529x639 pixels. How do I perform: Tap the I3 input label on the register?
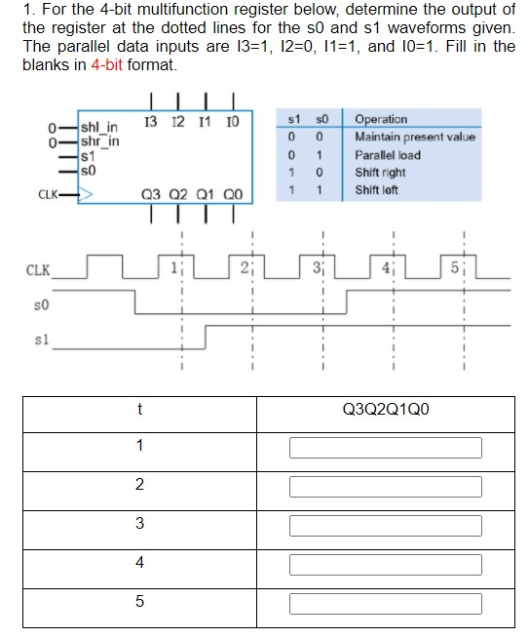[x=150, y=120]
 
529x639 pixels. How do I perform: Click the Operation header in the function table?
[x=381, y=119]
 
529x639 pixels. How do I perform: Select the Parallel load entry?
[x=388, y=155]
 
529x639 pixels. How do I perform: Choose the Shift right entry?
[x=380, y=173]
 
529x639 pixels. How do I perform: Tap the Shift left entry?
[x=377, y=190]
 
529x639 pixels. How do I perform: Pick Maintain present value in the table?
[x=415, y=137]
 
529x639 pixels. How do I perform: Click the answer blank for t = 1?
[x=385, y=447]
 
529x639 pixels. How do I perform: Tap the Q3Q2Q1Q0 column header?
[x=385, y=410]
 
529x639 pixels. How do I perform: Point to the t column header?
[x=139, y=410]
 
